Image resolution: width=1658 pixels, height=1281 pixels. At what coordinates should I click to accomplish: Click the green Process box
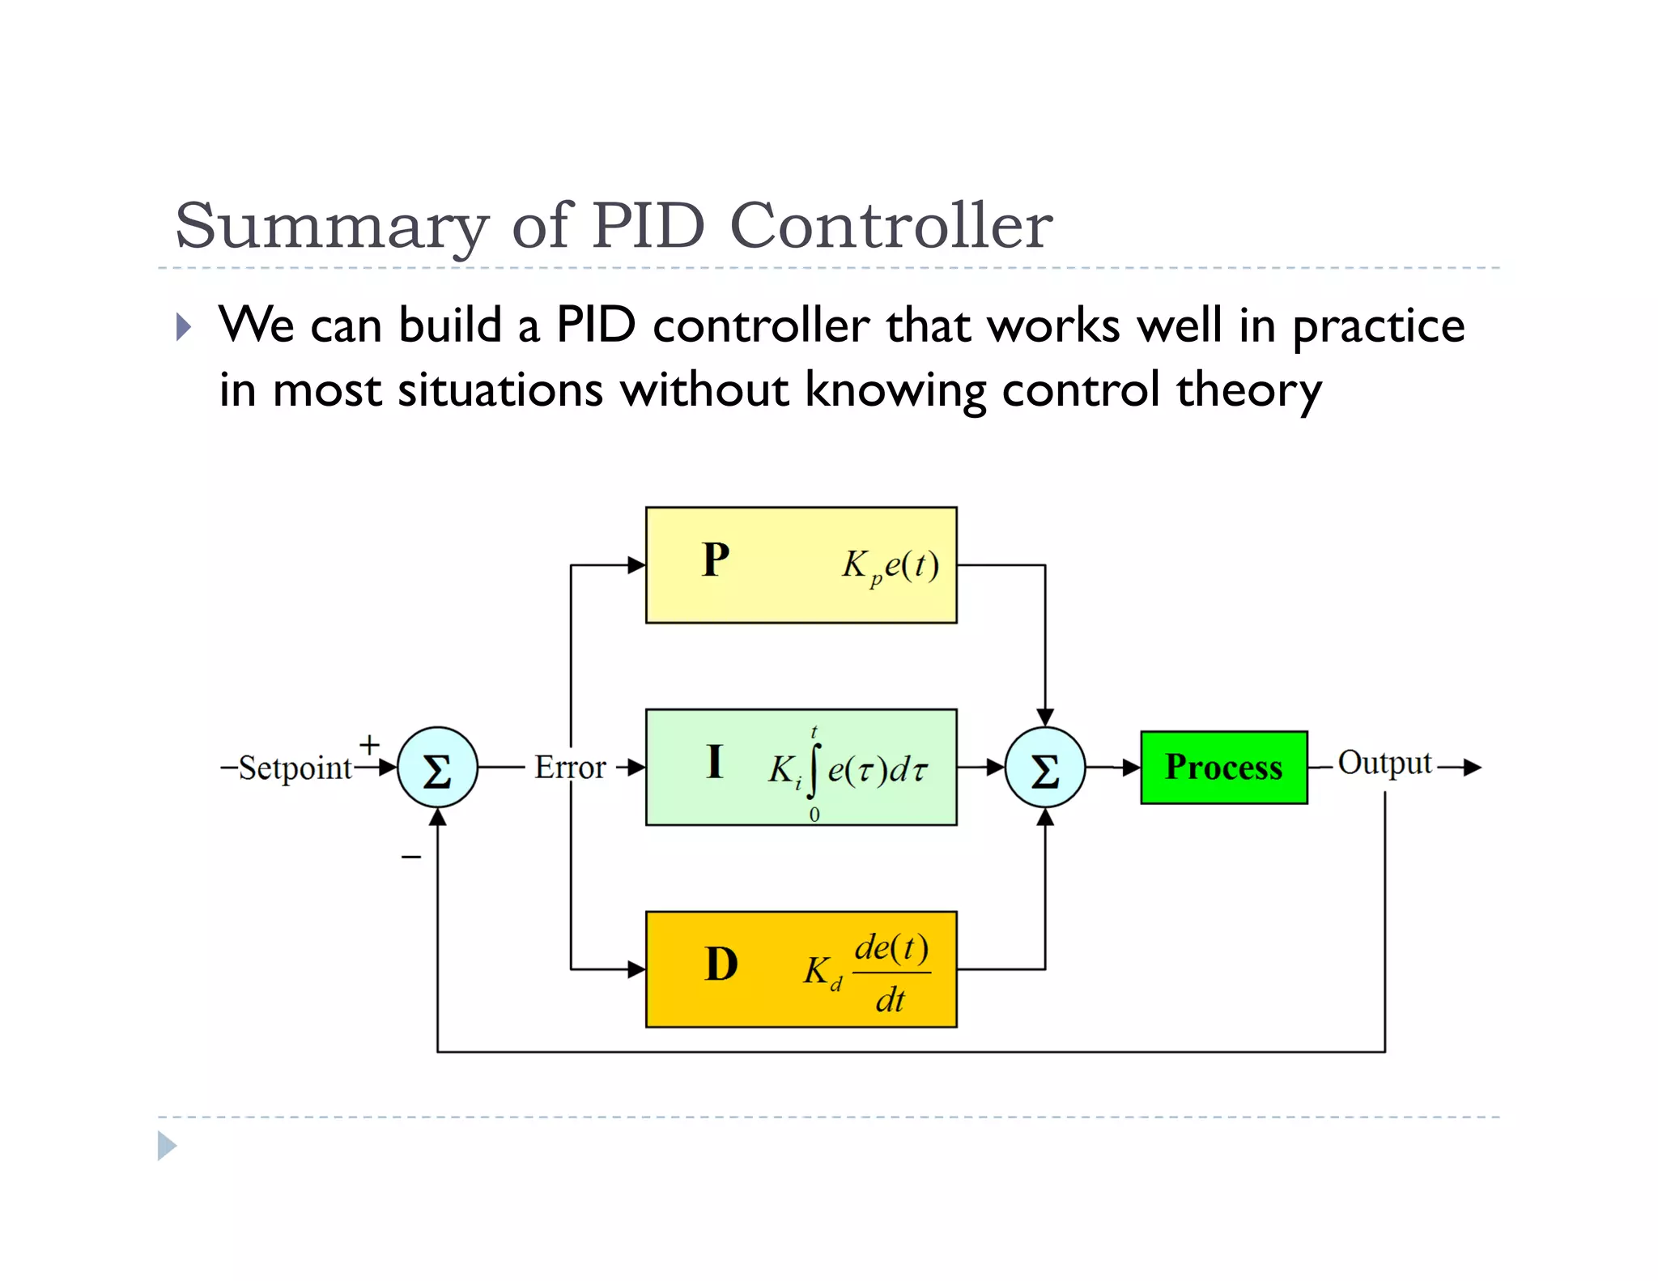(1223, 767)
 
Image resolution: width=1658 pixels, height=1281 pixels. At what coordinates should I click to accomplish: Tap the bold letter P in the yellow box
(716, 560)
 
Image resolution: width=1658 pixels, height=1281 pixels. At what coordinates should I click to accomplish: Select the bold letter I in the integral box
(714, 762)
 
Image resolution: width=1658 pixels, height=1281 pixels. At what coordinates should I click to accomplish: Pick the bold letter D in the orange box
(721, 964)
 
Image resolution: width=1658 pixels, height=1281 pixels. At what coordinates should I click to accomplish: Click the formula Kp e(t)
(891, 565)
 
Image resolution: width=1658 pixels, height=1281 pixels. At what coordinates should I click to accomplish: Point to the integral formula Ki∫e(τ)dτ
(846, 769)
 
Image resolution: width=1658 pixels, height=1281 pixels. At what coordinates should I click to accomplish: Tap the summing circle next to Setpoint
(437, 768)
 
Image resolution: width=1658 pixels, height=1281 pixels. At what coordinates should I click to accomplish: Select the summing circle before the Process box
(1044, 768)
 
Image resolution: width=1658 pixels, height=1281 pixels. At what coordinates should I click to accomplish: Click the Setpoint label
(295, 768)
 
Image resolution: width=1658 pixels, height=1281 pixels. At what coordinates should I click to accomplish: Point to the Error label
(570, 767)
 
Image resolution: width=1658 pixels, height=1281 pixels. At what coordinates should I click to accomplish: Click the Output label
(1384, 763)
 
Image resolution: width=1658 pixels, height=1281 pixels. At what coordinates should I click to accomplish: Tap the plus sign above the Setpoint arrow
(369, 743)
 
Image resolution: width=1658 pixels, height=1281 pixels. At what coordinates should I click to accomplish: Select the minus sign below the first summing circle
(411, 857)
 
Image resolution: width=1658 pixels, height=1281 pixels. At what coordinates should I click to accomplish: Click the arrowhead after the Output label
(1473, 767)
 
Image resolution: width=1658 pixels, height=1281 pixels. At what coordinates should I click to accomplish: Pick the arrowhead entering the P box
(637, 565)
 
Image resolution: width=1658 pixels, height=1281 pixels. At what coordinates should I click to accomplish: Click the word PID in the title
(648, 225)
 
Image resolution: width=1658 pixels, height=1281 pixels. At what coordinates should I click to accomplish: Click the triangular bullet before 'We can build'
(184, 327)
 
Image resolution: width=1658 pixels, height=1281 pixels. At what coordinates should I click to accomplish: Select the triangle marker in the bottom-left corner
(166, 1146)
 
